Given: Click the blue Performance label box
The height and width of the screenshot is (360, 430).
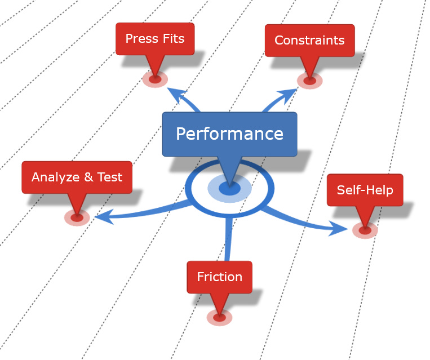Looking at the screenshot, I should [229, 134].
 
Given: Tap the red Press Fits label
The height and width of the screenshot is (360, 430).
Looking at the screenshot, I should [155, 39].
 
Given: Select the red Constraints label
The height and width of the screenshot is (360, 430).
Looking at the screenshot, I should [309, 41].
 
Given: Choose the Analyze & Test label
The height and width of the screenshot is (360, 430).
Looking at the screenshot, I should [77, 177].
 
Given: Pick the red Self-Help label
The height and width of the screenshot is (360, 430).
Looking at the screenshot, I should [365, 190].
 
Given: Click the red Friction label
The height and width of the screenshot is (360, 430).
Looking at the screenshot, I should [219, 277].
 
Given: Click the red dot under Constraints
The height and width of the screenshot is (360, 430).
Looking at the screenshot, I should [309, 81].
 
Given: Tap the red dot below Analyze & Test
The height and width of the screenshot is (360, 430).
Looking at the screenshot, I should [77, 217].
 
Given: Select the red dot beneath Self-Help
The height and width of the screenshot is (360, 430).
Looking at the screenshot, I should [365, 230].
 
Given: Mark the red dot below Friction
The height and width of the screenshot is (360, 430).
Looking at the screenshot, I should [219, 318].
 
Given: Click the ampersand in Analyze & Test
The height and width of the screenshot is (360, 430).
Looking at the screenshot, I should [88, 177].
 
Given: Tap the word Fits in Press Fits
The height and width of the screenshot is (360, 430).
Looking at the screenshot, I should [172, 39].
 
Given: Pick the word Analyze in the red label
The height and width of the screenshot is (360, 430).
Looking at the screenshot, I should [55, 177].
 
